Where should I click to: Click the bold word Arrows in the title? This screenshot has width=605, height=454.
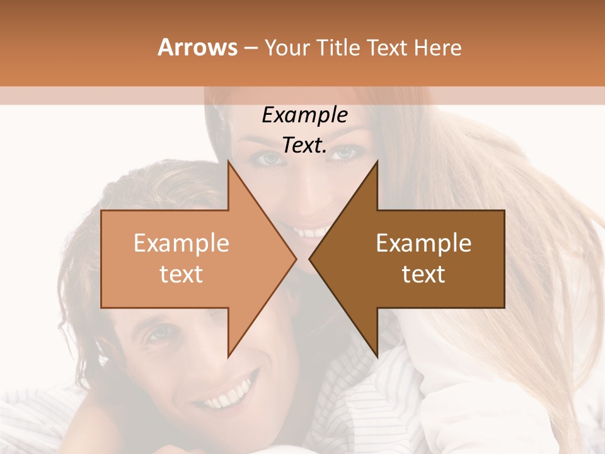198,47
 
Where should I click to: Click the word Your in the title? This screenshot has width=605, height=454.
287,48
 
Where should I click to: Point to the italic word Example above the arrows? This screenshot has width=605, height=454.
304,115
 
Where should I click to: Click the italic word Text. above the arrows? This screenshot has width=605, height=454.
304,146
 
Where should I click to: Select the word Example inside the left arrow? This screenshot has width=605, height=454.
181,243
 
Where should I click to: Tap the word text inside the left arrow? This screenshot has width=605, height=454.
181,274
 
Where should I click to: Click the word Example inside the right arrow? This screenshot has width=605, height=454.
423,243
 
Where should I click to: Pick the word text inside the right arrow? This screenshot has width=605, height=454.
423,274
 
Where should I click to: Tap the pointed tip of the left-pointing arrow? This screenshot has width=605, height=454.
310,259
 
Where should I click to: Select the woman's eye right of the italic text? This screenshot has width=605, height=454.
343,152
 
